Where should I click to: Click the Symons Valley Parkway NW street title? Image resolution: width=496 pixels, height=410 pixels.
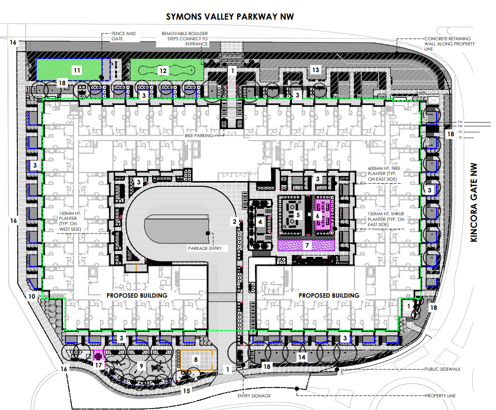(230, 17)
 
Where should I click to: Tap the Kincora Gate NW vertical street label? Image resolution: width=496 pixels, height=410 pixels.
(474, 203)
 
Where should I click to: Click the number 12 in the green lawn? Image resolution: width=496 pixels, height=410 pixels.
(163, 71)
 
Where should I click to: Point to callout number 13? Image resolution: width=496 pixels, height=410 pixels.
(316, 70)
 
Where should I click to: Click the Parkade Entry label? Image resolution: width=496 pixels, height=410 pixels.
(204, 249)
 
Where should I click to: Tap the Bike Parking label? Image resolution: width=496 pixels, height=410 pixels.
(199, 135)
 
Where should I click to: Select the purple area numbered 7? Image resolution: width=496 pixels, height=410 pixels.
(306, 246)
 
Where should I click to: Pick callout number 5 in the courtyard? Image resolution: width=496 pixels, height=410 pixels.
(298, 215)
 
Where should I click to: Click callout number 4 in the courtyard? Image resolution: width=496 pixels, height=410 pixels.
(260, 222)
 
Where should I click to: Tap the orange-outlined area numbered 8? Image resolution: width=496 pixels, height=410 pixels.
(196, 360)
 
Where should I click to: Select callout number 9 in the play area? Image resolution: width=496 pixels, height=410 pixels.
(141, 366)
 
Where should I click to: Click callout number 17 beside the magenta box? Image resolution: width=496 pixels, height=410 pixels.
(98, 365)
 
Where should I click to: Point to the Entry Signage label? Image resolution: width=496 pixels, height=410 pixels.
(255, 396)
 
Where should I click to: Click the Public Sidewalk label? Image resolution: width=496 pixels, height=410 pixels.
(443, 369)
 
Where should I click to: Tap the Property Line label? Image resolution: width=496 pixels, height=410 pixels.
(440, 396)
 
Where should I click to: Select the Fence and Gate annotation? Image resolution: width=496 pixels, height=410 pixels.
(124, 36)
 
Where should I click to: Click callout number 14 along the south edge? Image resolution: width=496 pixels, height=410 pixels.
(302, 357)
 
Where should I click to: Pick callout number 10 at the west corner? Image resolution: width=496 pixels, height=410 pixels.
(32, 296)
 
